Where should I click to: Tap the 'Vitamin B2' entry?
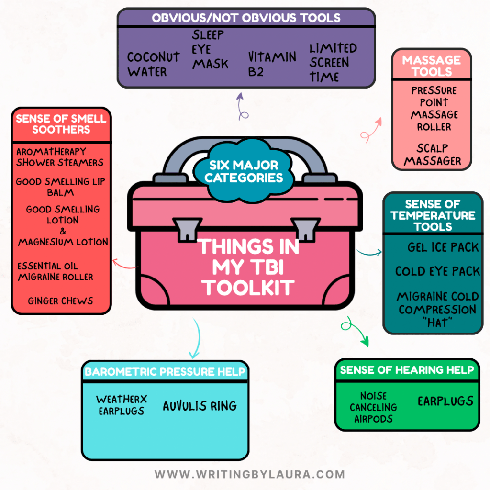tap(271, 64)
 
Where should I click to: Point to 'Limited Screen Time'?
tap(333, 62)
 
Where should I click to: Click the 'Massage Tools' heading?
tap(431, 66)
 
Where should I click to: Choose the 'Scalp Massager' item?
tap(432, 155)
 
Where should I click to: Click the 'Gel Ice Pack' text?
tap(443, 247)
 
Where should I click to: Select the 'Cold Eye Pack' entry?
tap(437, 271)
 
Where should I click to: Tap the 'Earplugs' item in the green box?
tap(445, 401)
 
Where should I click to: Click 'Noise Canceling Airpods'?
tap(373, 407)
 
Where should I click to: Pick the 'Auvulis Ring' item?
tap(200, 406)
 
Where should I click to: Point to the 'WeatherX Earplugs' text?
tap(122, 405)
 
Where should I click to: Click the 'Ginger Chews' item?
tap(60, 301)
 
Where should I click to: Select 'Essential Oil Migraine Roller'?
tap(55, 271)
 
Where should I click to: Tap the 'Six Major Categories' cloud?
tap(244, 172)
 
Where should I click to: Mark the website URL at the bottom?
tap(249, 474)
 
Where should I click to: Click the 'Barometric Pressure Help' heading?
tap(165, 372)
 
